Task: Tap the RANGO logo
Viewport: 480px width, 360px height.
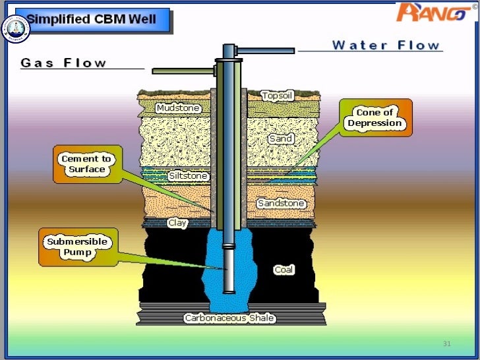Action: pos(434,12)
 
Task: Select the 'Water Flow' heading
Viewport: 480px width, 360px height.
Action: pos(386,45)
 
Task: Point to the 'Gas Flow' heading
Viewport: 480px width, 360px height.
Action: pos(63,63)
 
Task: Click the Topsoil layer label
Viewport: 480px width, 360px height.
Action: pos(278,96)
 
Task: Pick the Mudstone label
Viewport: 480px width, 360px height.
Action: pos(178,107)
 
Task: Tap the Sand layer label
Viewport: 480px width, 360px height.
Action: pos(281,139)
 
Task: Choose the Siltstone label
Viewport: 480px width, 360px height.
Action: pos(188,176)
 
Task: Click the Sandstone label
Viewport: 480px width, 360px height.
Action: pos(281,203)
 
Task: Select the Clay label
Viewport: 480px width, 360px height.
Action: pos(177,223)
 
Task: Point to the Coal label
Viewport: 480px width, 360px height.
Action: pos(284,270)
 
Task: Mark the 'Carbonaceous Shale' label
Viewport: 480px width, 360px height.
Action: pos(229,318)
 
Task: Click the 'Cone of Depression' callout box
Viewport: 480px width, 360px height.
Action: pos(375,118)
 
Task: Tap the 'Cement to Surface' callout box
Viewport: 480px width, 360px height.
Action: pos(86,164)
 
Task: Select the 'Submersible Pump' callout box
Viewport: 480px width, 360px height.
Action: pos(77,247)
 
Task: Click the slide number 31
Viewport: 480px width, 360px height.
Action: pos(446,344)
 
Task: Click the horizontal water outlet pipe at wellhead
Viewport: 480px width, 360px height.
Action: pos(264,50)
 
